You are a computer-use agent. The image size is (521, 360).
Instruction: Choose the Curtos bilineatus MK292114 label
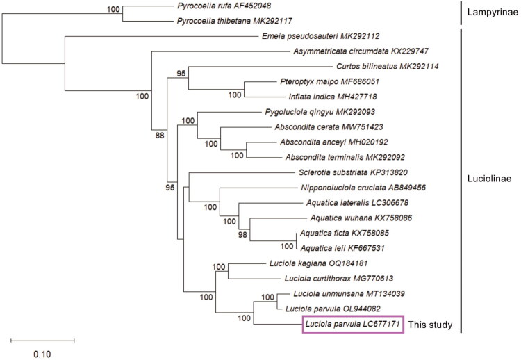tap(387, 67)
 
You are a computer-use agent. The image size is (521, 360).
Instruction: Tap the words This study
tap(431, 324)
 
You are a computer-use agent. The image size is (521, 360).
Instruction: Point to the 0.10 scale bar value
tap(42, 353)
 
